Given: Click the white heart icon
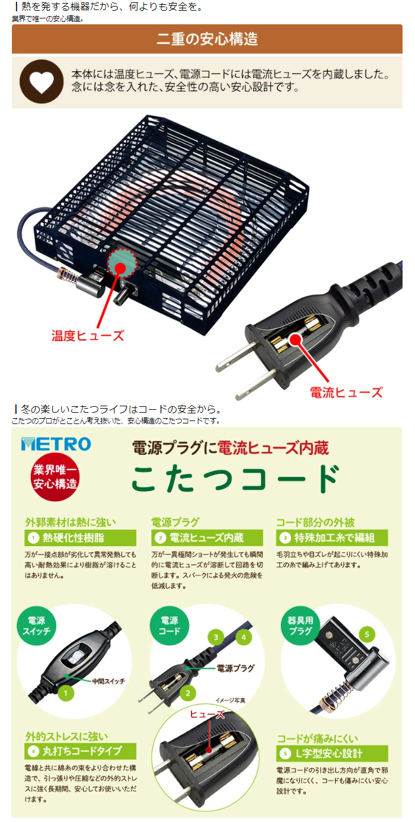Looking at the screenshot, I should pyautogui.click(x=41, y=82).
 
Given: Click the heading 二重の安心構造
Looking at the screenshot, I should pyautogui.click(x=207, y=40).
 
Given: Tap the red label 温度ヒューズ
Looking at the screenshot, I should pyautogui.click(x=88, y=336).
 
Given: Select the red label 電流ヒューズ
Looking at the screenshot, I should pyautogui.click(x=346, y=392).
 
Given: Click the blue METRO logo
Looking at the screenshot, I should pyautogui.click(x=56, y=444).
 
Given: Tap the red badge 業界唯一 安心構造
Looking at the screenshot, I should pyautogui.click(x=55, y=476).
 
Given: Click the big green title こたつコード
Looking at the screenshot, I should pyautogui.click(x=235, y=478).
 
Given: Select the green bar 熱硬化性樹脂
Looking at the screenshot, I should pyautogui.click(x=81, y=538).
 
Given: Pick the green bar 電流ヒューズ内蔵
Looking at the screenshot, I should pyautogui.click(x=207, y=538).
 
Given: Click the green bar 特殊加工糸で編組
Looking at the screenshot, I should pyautogui.click(x=332, y=538).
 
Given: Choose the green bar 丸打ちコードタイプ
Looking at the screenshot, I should pyautogui.click(x=81, y=751).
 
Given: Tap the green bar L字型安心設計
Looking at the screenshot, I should pyautogui.click(x=332, y=753).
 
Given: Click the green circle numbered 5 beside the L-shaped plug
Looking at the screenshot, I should pyautogui.click(x=367, y=635).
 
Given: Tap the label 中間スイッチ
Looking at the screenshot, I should pyautogui.click(x=108, y=681).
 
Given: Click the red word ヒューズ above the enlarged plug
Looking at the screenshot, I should pyautogui.click(x=207, y=715).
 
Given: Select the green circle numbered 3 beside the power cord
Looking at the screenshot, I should pyautogui.click(x=216, y=638).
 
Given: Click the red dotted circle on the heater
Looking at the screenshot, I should pyautogui.click(x=122, y=264).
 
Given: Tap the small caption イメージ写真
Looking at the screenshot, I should pyautogui.click(x=230, y=700).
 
